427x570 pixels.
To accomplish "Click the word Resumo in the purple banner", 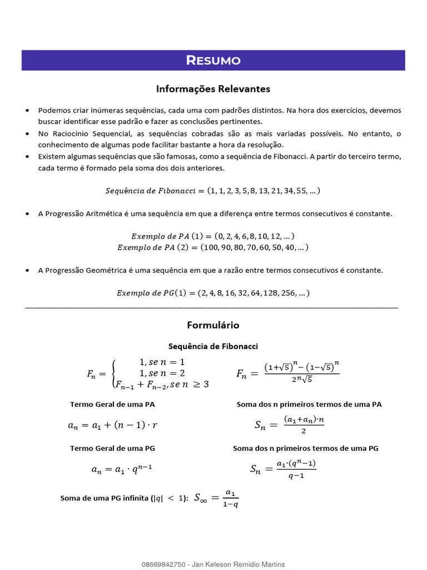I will (213, 60).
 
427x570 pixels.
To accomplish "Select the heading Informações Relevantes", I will (213, 89).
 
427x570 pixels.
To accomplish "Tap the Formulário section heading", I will (213, 325).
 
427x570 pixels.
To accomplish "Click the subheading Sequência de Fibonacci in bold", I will (213, 346).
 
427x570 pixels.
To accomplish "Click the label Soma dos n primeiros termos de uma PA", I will (309, 404).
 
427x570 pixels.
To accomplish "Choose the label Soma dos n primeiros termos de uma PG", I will (306, 448).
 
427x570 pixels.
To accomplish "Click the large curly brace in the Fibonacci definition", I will (114, 373).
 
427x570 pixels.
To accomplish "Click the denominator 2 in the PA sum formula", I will (304, 431).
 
